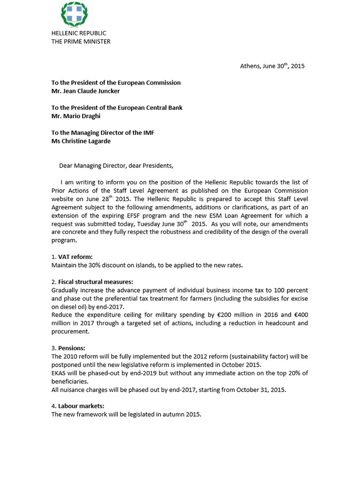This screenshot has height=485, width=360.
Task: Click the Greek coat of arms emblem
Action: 75,15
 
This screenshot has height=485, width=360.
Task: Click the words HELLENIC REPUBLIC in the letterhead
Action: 78,33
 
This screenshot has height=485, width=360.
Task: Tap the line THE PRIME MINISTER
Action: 81,41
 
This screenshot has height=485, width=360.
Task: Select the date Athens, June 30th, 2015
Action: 272,66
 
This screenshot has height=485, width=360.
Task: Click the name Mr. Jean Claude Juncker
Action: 85,91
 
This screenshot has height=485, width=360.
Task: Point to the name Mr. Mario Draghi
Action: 76,116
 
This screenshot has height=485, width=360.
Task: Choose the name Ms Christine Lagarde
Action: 81,141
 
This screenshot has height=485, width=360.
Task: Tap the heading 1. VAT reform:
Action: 72,256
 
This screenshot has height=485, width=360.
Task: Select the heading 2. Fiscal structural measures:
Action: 92,281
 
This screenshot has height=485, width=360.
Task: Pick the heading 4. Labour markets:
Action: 78,406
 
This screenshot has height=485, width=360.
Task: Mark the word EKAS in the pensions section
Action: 59,373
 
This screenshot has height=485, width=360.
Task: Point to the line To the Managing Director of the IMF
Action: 103,133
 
